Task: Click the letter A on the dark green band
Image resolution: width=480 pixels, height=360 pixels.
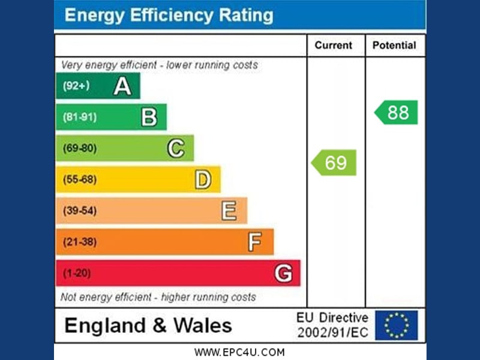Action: point(122,86)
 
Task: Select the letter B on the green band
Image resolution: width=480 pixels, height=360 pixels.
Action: point(149,117)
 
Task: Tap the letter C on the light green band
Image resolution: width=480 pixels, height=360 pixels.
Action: point(175,148)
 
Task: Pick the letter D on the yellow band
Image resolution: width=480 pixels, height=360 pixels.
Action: point(203,179)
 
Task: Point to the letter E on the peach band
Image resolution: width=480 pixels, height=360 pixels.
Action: point(229,211)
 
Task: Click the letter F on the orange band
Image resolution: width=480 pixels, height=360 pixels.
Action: point(254,242)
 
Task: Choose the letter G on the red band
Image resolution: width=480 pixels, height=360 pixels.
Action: point(283,274)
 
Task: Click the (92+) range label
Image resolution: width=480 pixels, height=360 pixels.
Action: point(76,86)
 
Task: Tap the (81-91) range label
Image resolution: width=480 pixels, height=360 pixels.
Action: point(80,117)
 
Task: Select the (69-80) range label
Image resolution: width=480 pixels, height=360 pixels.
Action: point(80,148)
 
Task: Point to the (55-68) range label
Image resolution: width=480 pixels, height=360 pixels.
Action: point(80,179)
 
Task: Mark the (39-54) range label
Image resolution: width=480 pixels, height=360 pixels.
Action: point(80,211)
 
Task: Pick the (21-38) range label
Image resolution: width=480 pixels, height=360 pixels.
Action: point(80,242)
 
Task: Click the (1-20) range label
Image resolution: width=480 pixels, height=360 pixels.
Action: point(76,274)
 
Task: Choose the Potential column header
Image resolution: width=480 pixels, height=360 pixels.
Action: point(394,45)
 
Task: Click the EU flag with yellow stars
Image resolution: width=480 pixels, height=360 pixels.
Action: point(396,325)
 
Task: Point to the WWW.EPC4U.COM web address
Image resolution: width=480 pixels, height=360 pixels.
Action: point(239,352)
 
